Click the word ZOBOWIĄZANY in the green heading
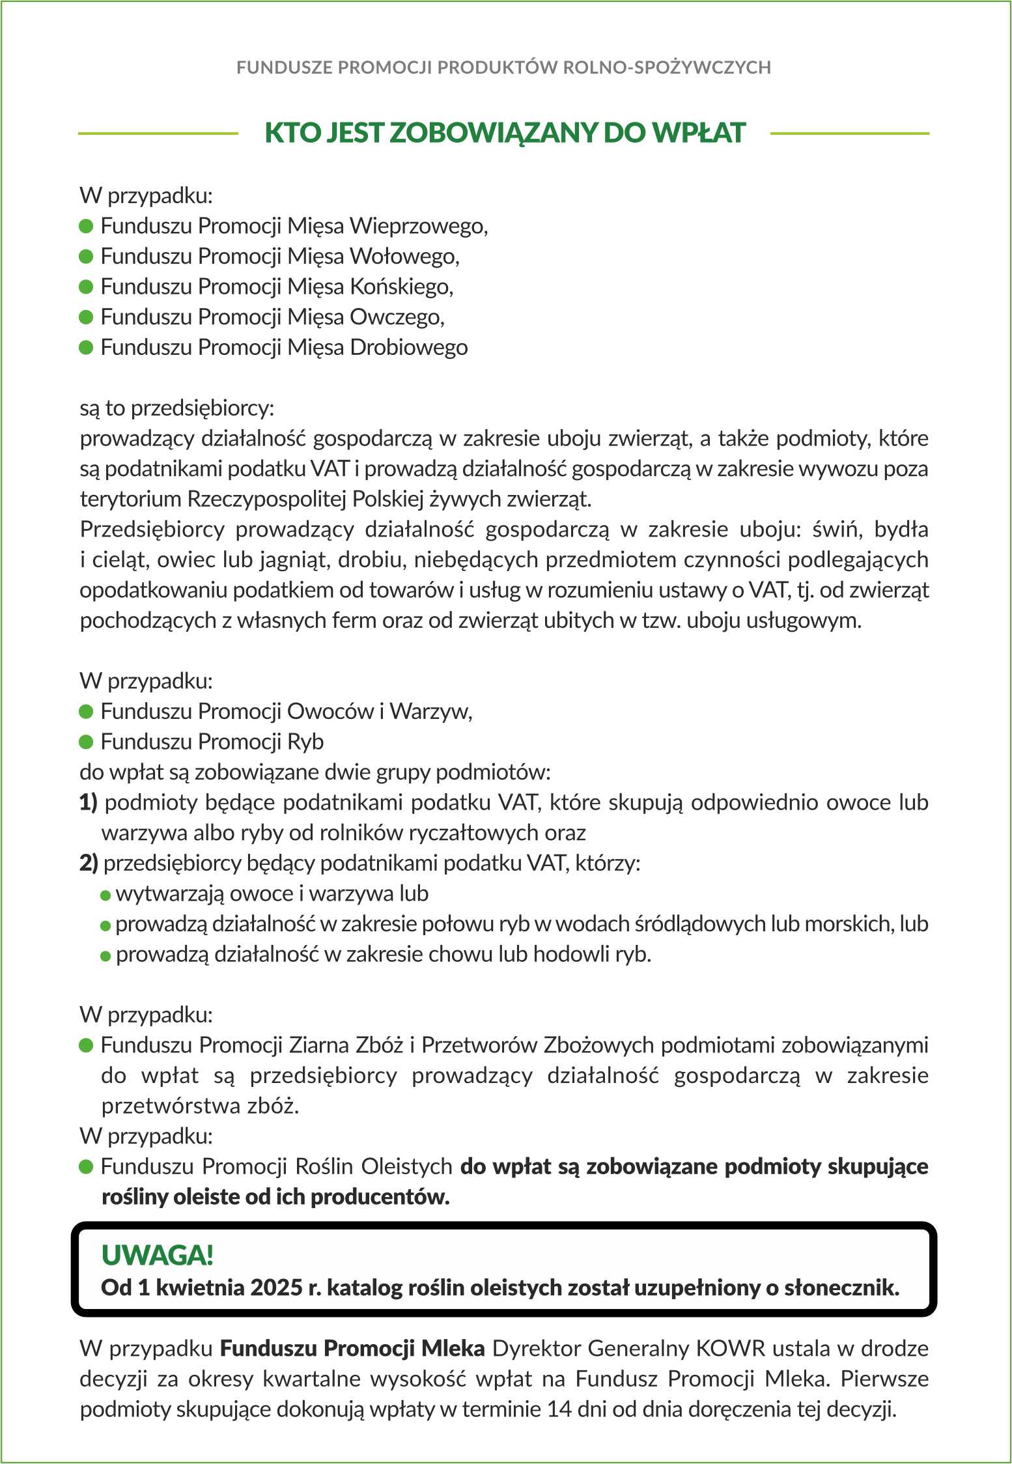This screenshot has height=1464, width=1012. [493, 133]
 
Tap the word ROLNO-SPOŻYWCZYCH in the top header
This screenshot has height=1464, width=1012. [666, 68]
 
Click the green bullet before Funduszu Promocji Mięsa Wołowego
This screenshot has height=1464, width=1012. [86, 257]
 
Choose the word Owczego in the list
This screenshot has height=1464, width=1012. [396, 317]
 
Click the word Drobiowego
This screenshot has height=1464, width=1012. [408, 347]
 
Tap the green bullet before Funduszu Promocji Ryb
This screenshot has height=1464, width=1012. [86, 742]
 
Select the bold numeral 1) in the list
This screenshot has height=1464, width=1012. [89, 802]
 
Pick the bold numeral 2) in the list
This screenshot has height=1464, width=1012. [89, 863]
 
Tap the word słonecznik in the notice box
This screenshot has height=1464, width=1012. [841, 1288]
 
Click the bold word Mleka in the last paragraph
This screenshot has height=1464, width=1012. [453, 1348]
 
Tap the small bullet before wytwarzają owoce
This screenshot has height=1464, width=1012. [105, 895]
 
